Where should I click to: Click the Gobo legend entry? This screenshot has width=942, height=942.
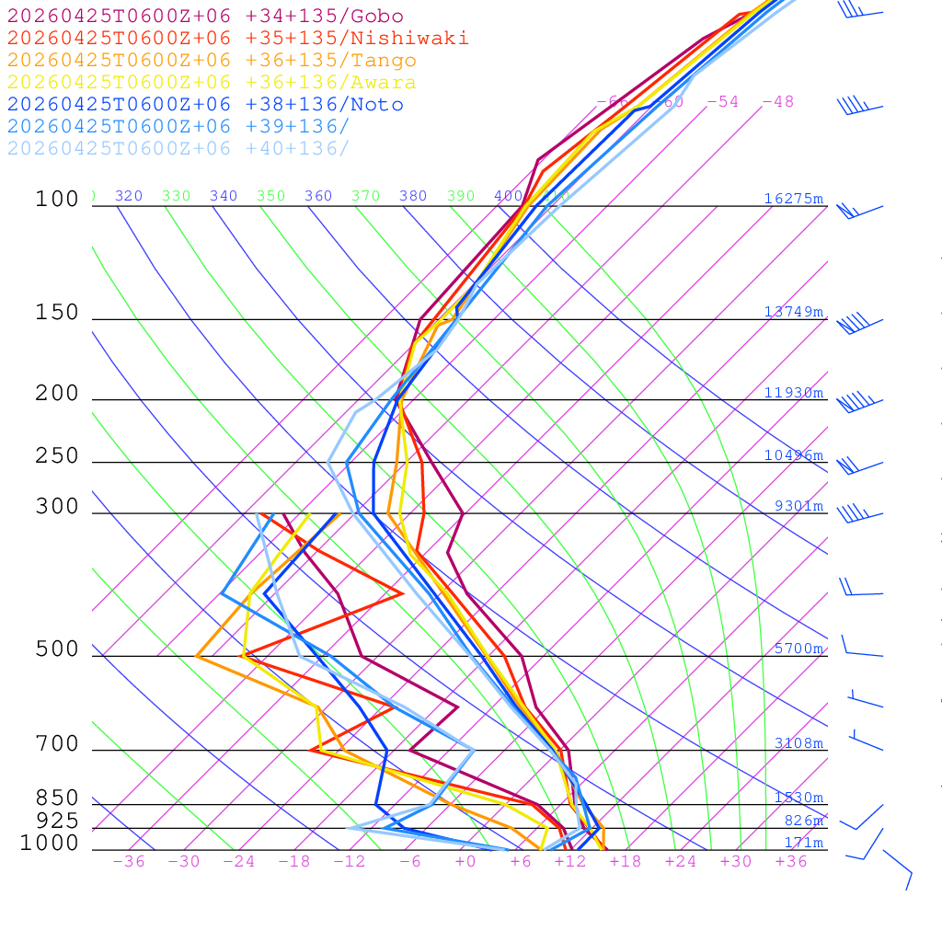tap(205, 16)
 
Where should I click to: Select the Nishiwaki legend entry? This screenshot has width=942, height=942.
tap(237, 38)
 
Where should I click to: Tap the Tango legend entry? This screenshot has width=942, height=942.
tap(212, 61)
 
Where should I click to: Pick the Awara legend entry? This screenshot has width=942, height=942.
tap(212, 83)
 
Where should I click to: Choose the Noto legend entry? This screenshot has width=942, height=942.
tap(205, 105)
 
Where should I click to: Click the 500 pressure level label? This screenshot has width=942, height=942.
tap(57, 649)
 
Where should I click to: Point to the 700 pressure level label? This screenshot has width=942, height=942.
tap(57, 744)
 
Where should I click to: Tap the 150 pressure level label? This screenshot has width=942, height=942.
tap(57, 313)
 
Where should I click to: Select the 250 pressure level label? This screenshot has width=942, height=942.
tap(57, 456)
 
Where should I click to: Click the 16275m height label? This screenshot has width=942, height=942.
tap(794, 199)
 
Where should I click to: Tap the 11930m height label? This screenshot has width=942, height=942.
tap(794, 393)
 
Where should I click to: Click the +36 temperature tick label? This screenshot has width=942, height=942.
tap(791, 862)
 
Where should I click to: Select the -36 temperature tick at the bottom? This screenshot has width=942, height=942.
tap(129, 862)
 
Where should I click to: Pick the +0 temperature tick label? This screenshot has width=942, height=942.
tap(465, 862)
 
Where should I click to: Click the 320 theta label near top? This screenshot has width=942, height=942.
tap(129, 196)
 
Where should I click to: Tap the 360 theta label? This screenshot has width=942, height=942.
tap(318, 196)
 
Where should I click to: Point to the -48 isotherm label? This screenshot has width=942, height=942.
tap(777, 101)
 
